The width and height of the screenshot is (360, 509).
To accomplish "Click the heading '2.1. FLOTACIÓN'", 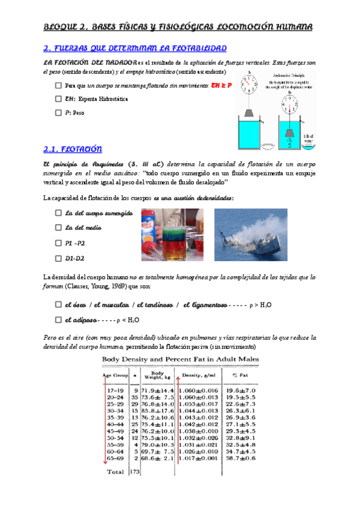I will (x=73, y=149).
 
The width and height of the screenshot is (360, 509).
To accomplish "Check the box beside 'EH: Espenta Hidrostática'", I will (x=58, y=98).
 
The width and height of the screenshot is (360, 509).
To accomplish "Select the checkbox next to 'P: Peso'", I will (x=58, y=112).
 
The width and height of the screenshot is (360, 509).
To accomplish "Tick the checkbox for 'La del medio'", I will (x=58, y=227).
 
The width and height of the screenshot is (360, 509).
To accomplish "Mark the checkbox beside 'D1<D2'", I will (x=58, y=258).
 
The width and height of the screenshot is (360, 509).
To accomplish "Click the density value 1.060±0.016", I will (x=202, y=390).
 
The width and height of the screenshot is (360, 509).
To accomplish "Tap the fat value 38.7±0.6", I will (x=257, y=457).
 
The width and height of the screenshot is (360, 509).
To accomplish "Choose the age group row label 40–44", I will (x=116, y=424).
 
